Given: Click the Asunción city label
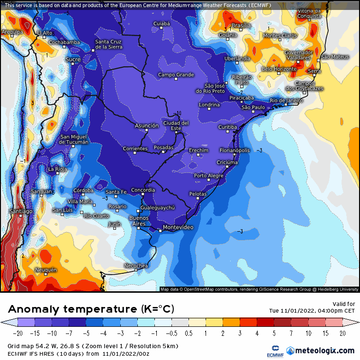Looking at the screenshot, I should (147, 126).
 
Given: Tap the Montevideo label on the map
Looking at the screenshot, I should (178, 228).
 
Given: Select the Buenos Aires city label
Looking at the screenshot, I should (139, 221).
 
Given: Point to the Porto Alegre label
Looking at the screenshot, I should (209, 176).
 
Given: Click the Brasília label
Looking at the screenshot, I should (241, 26).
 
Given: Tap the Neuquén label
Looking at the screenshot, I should (46, 270).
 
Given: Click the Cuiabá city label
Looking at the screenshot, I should (162, 23).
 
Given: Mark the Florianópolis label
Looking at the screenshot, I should (234, 150).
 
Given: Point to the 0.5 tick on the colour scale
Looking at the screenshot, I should (188, 333).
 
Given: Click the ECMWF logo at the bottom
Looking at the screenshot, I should (271, 351).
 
